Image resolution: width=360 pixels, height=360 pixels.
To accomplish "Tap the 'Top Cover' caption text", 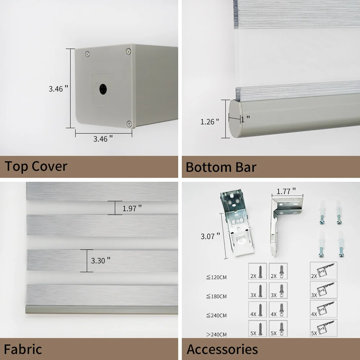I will pyautogui.click(x=36, y=167).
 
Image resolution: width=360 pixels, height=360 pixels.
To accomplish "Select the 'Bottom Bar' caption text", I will pyautogui.click(x=221, y=167).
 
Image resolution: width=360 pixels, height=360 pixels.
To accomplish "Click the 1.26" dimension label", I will pyautogui.click(x=210, y=122).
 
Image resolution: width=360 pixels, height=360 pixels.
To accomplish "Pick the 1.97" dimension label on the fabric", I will pyautogui.click(x=132, y=208).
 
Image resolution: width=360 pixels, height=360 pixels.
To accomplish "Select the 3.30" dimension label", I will pyautogui.click(x=100, y=260).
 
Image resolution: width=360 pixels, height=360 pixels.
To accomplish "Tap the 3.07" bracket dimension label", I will pyautogui.click(x=210, y=236).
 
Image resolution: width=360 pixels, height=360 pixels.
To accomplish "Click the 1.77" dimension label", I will pyautogui.click(x=286, y=190).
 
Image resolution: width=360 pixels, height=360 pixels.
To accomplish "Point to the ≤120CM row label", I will pyautogui.click(x=216, y=277).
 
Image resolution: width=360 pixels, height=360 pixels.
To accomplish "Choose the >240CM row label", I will pyautogui.click(x=216, y=334).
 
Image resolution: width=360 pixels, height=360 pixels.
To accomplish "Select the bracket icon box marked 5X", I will pyautogui.click(x=324, y=328).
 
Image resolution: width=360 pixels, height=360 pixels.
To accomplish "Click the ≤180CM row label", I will pyautogui.click(x=216, y=296).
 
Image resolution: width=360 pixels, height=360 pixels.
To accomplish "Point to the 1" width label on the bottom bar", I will pyautogui.click(x=245, y=118).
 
